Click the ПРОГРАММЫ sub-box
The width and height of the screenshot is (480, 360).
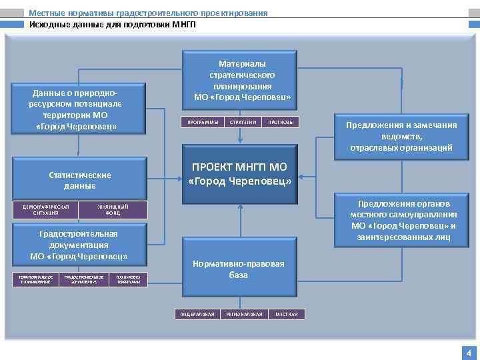(201, 123)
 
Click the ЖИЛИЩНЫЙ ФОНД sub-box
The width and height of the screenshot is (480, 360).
(113, 210)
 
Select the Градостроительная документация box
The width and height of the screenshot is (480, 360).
(79, 245)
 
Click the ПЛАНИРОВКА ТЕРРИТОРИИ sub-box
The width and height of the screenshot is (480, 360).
(129, 279)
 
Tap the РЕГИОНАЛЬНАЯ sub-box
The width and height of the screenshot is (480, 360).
(244, 314)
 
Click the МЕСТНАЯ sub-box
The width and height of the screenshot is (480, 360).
(287, 314)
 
